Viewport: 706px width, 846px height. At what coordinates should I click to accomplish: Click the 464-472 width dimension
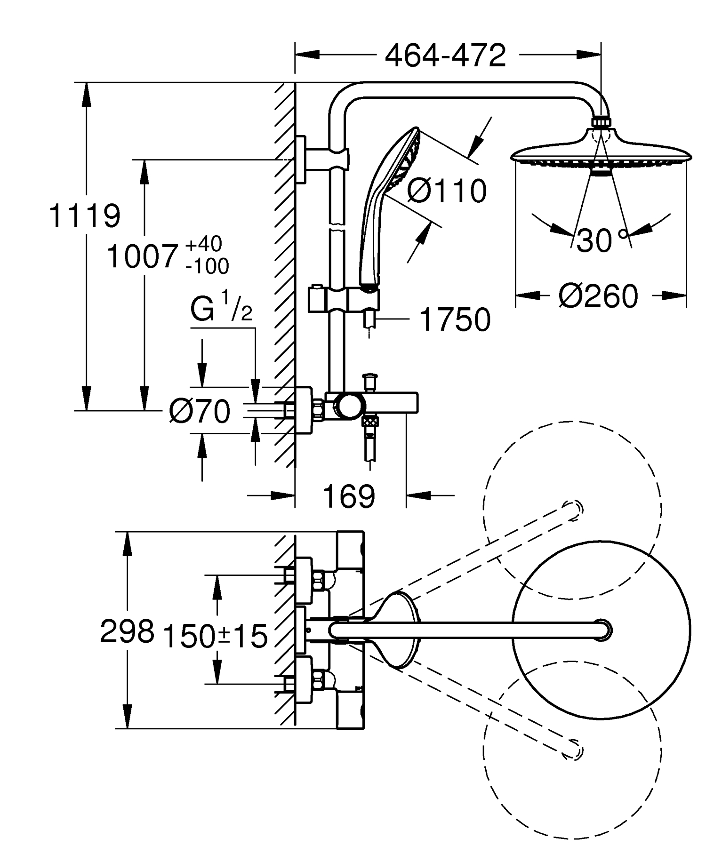[445, 56]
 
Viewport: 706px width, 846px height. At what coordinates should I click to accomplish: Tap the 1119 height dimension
[85, 216]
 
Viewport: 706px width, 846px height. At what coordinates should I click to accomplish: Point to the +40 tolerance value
[204, 244]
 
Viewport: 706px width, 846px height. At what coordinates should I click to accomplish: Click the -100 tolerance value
[207, 267]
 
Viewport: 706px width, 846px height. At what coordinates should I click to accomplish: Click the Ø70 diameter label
[200, 411]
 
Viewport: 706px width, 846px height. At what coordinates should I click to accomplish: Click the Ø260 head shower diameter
[598, 296]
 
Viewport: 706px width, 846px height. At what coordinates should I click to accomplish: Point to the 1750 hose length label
[455, 320]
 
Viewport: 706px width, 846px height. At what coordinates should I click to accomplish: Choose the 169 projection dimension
[349, 496]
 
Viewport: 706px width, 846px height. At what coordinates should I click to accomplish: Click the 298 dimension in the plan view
[127, 631]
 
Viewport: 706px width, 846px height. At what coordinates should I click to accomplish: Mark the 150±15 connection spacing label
[215, 636]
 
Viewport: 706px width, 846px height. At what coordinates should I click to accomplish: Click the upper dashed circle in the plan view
[572, 510]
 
